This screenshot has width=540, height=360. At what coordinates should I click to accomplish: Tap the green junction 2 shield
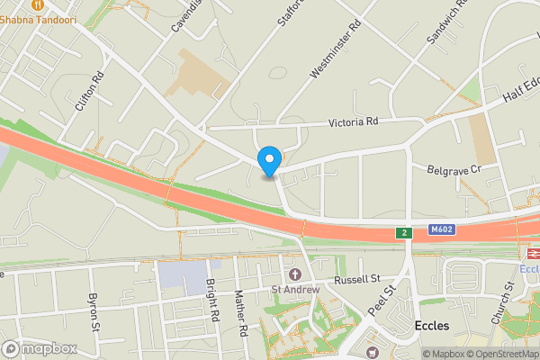point(405,233)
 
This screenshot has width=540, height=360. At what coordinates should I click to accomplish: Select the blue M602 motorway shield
point(442,229)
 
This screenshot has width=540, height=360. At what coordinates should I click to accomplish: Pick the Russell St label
point(357,280)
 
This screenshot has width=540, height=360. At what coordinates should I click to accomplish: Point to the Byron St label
point(92,310)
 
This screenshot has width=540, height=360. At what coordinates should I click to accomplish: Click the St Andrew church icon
point(293,274)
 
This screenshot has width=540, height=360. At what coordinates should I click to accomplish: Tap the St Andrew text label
point(297,290)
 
